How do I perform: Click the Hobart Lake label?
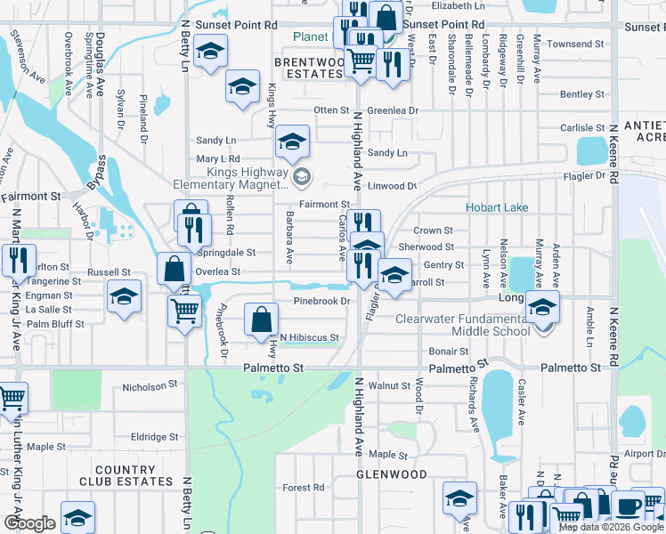click(497, 207)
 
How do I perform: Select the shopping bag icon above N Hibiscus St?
click(259, 318)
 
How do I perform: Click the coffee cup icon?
click(628, 506)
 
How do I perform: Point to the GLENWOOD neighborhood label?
click(392, 474)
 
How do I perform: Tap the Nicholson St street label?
click(144, 387)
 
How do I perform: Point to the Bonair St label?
click(449, 352)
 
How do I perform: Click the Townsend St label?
click(575, 44)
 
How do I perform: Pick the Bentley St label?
click(582, 94)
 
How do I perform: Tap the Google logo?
click(29, 523)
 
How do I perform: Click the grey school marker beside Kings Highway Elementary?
click(302, 177)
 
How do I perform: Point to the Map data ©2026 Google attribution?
click(611, 527)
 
